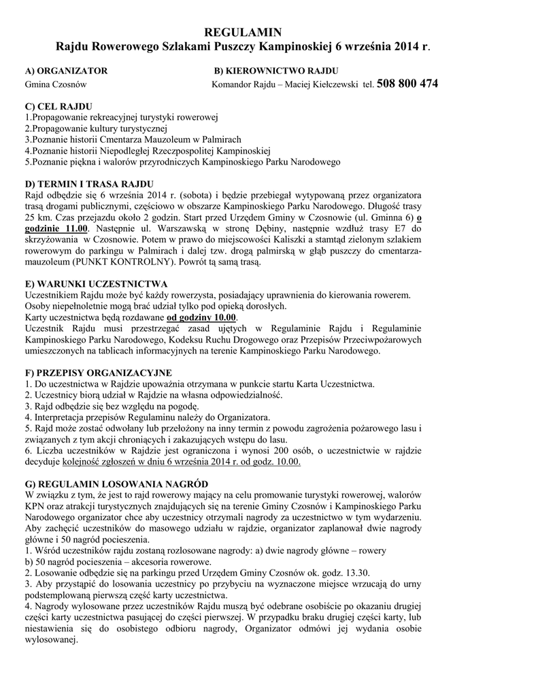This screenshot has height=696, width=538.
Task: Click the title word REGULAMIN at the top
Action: click(243, 33)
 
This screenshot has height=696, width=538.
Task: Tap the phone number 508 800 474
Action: click(407, 84)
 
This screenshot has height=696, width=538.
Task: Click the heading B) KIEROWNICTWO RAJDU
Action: click(276, 71)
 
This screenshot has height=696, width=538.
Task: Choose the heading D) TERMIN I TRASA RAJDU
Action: click(89, 184)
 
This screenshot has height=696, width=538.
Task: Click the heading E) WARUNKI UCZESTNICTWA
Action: click(95, 283)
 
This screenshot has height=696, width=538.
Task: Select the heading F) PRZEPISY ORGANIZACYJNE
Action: click(98, 372)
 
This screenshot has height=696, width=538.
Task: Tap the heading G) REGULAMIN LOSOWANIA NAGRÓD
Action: click(116, 483)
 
